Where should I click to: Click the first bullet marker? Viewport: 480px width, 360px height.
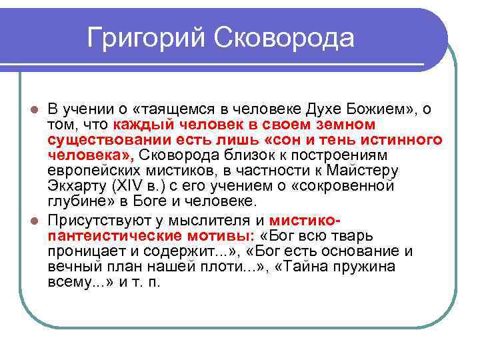pyautogui.click(x=36, y=109)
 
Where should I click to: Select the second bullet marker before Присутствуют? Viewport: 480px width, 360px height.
pyautogui.click(x=36, y=220)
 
